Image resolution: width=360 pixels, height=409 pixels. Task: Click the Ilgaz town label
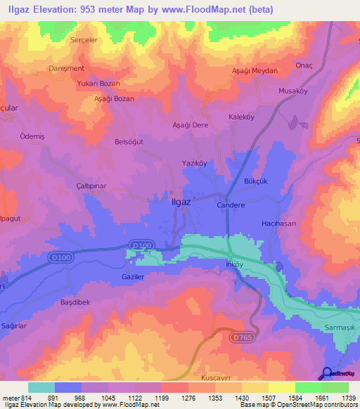click(182, 202)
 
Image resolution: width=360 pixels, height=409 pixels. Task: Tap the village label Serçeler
click(86, 40)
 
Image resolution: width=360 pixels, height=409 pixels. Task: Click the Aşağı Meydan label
click(255, 71)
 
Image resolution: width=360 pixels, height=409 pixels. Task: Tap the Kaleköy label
click(242, 117)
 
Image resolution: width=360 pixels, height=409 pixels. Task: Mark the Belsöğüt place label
click(129, 141)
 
